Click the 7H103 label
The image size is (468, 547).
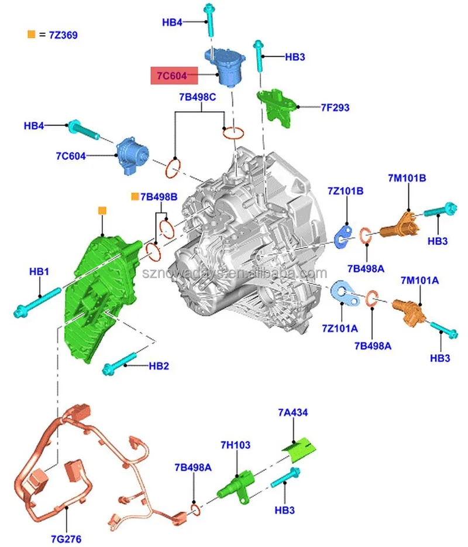coord(236,445)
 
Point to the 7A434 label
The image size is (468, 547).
coord(292,413)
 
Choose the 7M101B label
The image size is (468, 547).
coord(407,178)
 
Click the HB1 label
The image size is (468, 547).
coord(39,272)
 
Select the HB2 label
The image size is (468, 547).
coord(158,366)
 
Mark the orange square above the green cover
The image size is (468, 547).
coord(102,210)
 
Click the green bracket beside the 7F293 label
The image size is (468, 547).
coord(276,107)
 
